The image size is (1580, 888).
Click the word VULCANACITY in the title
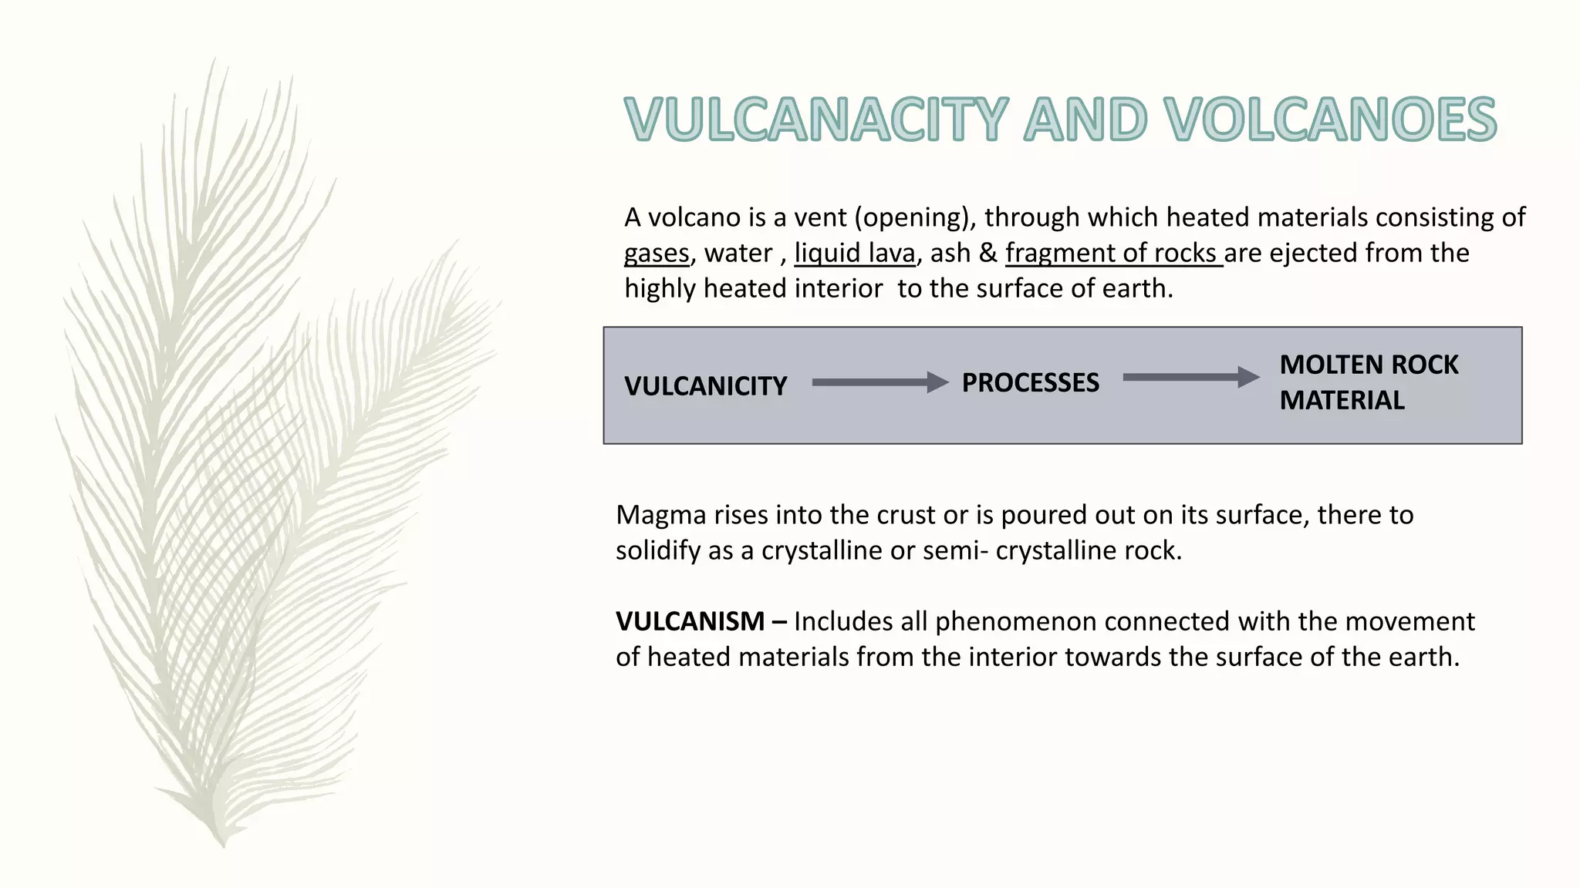click(x=816, y=119)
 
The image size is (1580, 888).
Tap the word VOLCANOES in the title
click(x=1330, y=119)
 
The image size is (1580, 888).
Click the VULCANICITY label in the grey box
click(x=705, y=385)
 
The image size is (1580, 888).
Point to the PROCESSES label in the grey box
click(x=1030, y=382)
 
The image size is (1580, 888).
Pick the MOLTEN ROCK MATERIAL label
click(x=1368, y=382)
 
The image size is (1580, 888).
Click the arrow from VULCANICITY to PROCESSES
click(x=879, y=382)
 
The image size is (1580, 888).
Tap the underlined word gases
click(x=657, y=253)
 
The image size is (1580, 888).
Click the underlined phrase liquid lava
click(x=855, y=253)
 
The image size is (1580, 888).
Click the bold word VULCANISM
click(x=690, y=621)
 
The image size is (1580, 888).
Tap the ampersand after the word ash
click(x=987, y=253)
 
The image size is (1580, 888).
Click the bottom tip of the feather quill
click(x=222, y=844)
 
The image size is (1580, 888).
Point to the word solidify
click(x=657, y=550)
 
